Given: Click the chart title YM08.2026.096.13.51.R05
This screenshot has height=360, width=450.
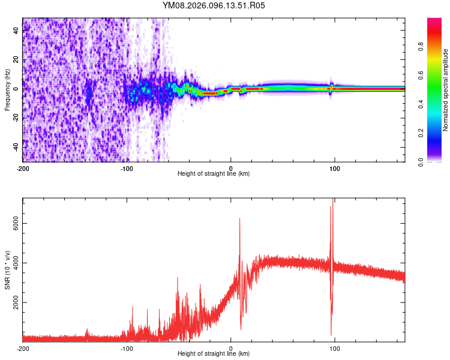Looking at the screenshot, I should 214,6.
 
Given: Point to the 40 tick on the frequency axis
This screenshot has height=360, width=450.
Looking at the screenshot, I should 17,31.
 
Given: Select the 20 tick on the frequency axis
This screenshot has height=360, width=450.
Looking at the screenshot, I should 17,59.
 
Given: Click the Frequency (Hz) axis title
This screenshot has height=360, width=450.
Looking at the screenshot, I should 7,90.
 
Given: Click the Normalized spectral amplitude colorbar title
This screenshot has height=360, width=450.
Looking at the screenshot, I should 445,90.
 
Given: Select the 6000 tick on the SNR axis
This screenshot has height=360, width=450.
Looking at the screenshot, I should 13,223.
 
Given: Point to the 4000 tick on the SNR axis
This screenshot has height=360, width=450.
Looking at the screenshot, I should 13,262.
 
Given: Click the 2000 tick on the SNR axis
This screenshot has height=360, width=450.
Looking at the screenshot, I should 13,301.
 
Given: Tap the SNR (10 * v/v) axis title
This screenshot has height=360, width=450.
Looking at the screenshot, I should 7,270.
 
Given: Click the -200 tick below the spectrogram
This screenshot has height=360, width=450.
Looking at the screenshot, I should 23,167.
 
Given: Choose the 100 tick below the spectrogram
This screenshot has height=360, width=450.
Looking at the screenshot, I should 335,167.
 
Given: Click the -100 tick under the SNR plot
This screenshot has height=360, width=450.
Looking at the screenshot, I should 127,348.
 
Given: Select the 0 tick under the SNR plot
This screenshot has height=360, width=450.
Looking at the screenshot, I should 231,348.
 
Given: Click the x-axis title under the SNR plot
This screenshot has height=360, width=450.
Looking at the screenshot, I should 214,355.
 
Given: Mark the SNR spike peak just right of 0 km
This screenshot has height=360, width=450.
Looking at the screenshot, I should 239,219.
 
